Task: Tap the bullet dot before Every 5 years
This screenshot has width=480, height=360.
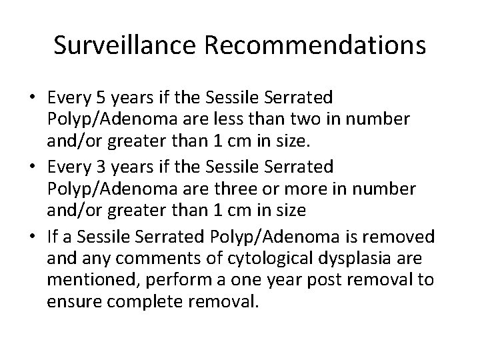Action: point(33,99)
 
